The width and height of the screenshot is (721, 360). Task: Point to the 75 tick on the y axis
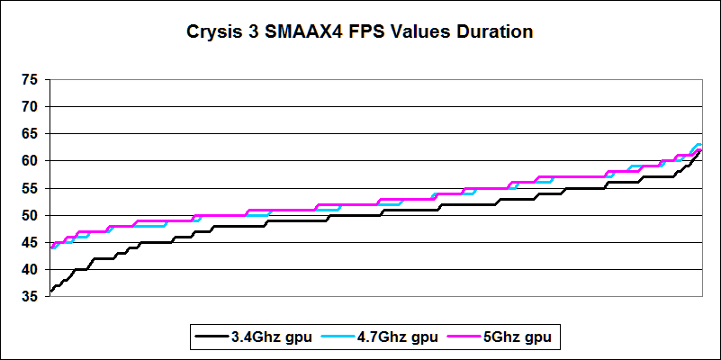30,80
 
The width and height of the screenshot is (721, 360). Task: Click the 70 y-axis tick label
30,107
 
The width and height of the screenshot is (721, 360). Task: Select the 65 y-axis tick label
30,134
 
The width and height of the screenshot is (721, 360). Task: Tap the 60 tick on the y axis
30,161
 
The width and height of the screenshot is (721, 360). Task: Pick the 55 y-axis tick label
30,188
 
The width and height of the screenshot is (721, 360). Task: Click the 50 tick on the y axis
30,215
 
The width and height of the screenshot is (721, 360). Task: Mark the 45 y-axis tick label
30,242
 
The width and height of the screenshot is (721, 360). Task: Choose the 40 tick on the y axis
30,269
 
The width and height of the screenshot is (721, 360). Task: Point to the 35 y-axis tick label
30,296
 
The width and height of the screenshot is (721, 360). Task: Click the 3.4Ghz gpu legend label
271,337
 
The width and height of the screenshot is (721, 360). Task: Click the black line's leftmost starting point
50,292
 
